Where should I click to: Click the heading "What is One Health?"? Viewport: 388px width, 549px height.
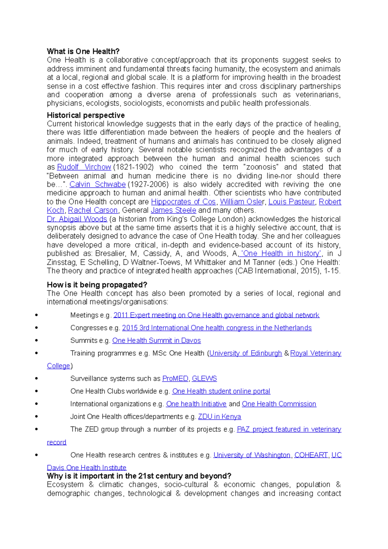[83, 51]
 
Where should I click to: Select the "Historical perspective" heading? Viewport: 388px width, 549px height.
[86, 115]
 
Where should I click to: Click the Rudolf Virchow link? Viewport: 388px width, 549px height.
[84, 167]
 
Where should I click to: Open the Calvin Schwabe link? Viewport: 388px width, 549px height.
[98, 184]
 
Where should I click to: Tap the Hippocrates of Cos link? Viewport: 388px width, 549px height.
[183, 202]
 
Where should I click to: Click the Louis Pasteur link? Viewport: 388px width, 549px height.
[292, 202]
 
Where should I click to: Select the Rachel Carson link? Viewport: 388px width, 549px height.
[93, 210]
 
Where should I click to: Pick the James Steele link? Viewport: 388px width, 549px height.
[174, 210]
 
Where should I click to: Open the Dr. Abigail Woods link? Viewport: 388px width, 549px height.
[77, 219]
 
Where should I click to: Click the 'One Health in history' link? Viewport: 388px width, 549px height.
[281, 253]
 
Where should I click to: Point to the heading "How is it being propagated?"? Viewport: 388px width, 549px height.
[97, 285]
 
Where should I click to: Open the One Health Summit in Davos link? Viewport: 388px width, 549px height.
[156, 340]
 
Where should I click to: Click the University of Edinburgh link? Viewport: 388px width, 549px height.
[246, 353]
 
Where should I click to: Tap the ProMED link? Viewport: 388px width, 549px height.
[175, 379]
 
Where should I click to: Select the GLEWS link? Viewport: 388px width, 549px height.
[204, 379]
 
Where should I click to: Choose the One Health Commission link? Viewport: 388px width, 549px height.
[279, 404]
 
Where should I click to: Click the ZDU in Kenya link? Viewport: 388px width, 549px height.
[220, 416]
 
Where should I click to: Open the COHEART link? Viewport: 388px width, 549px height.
[311, 455]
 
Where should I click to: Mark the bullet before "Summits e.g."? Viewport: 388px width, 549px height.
[37, 340]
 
